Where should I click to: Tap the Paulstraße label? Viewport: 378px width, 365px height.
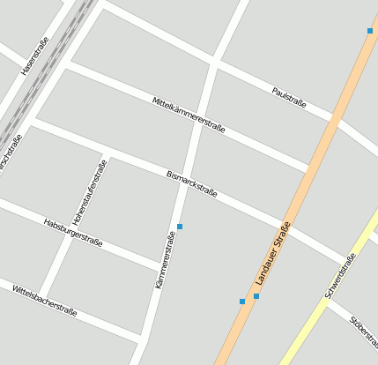[x=289, y=97]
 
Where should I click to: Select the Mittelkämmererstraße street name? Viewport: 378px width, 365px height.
[x=189, y=115]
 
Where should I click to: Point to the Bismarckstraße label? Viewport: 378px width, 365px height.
[x=192, y=182]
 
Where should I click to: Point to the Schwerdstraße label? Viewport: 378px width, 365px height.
[x=340, y=275]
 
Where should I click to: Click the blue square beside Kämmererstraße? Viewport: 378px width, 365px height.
[x=180, y=227]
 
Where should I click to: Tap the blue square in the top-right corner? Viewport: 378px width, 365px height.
[x=370, y=31]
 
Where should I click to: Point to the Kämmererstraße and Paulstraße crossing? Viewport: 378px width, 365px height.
[x=214, y=63]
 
